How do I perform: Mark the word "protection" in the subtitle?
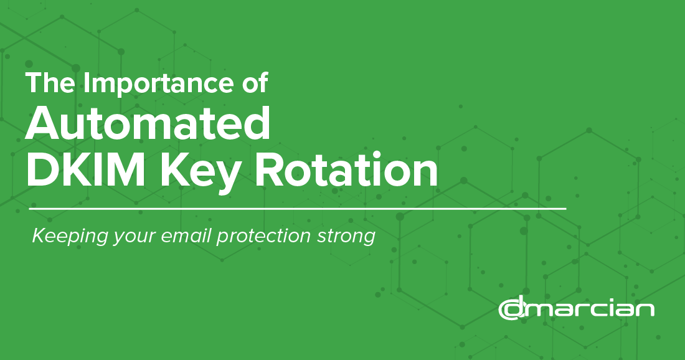tap(263, 236)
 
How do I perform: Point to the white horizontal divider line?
tap(298, 209)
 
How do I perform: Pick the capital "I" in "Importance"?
tap(87, 82)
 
